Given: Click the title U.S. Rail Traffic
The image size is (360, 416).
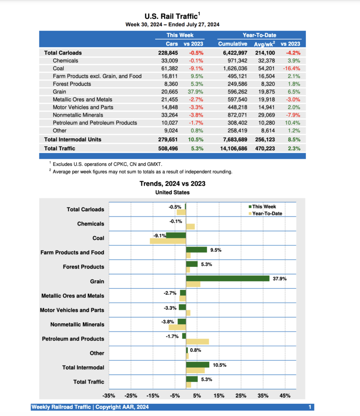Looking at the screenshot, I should (172, 16).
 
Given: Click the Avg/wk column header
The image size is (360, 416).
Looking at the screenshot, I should (265, 44).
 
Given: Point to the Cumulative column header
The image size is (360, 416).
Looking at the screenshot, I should (232, 44).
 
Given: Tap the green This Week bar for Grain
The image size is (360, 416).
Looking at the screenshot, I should (228, 278).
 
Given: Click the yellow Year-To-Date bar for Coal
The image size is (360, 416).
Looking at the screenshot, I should (167, 241).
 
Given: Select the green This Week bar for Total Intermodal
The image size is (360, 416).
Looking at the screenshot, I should (197, 364).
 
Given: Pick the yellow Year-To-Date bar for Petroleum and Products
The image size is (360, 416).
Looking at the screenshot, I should (197, 342).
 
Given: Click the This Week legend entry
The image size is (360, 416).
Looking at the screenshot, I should (264, 207).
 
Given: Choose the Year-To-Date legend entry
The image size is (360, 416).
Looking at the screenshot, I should (267, 213).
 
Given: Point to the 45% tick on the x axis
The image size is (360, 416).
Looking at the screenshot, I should (285, 396).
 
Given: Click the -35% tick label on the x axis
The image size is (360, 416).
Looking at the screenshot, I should (109, 396).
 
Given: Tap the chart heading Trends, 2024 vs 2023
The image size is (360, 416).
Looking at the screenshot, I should (172, 184).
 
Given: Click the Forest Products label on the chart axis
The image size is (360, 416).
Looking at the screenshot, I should (83, 267).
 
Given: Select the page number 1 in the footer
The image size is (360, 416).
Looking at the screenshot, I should (310, 407).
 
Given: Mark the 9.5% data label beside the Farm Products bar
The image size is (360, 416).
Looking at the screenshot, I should (216, 250).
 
